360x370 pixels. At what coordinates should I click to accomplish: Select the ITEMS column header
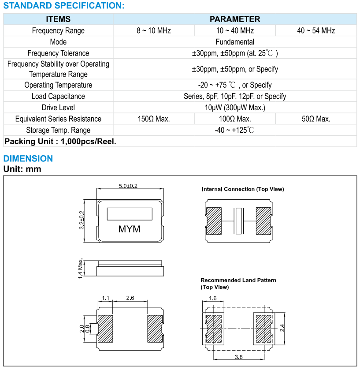58,19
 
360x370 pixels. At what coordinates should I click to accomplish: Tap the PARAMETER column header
235,19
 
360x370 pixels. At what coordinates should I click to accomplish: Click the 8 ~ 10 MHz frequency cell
153,30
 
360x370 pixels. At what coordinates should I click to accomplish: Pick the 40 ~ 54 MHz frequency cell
316,30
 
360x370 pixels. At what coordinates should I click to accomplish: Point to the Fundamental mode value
235,42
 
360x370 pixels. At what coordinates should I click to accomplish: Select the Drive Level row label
58,108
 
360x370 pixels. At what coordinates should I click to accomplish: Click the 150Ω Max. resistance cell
153,119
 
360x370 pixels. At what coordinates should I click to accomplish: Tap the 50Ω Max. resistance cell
316,119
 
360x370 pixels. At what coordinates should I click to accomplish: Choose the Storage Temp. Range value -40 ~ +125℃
235,130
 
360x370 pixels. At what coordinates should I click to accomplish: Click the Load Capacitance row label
58,96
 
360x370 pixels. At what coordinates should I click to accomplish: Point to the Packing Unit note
60,142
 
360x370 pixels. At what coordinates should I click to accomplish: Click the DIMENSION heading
28,159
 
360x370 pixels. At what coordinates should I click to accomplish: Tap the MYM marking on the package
130,229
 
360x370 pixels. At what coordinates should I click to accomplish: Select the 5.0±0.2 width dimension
128,186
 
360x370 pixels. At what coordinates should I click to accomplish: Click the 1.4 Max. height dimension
81,268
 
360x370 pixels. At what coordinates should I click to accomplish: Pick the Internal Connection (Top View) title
243,189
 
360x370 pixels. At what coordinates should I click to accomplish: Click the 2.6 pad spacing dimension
130,299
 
